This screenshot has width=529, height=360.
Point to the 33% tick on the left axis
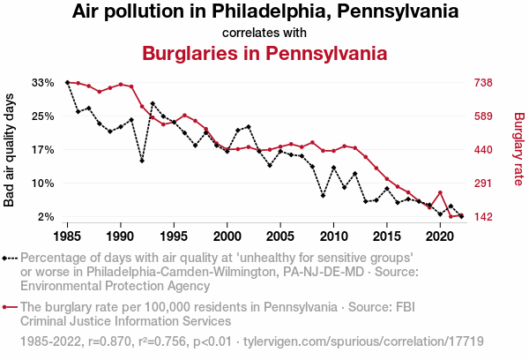pos(43,83)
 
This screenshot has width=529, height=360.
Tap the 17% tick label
pos(43,150)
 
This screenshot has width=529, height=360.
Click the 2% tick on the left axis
pos(47,217)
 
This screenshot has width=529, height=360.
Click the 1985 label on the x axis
pos(68,236)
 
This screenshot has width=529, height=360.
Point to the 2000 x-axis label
pos(227,236)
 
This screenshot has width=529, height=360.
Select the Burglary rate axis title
pos(518,150)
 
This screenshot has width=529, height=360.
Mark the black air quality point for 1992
pos(142,161)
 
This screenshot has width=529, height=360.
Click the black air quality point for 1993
pos(153,103)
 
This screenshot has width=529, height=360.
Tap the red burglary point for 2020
pos(440,192)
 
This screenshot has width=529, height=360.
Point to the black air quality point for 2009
pos(323,196)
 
